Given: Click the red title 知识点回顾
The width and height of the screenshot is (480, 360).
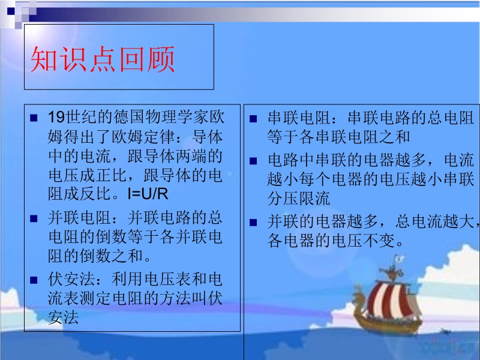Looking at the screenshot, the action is [x=103, y=59].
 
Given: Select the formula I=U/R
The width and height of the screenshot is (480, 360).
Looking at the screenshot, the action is [x=148, y=194].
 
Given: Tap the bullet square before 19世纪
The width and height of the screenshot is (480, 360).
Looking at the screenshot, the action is [x=34, y=118].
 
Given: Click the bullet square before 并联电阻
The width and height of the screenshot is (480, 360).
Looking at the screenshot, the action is [x=34, y=218].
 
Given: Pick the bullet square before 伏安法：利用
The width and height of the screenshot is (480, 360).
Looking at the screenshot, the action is [x=34, y=280].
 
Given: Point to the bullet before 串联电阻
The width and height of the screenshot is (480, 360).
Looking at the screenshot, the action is [x=253, y=119].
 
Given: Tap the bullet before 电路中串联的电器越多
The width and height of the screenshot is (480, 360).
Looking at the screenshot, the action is [x=253, y=161].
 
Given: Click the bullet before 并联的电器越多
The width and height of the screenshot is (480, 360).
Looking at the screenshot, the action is [x=253, y=222].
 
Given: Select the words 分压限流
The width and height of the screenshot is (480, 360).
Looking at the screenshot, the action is [x=299, y=199].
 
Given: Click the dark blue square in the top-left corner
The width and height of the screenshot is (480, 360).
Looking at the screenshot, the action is [x=11, y=11].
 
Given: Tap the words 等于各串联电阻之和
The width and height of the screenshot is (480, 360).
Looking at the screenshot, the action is [x=338, y=137].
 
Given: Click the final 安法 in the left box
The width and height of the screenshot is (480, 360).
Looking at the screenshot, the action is [x=64, y=317].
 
